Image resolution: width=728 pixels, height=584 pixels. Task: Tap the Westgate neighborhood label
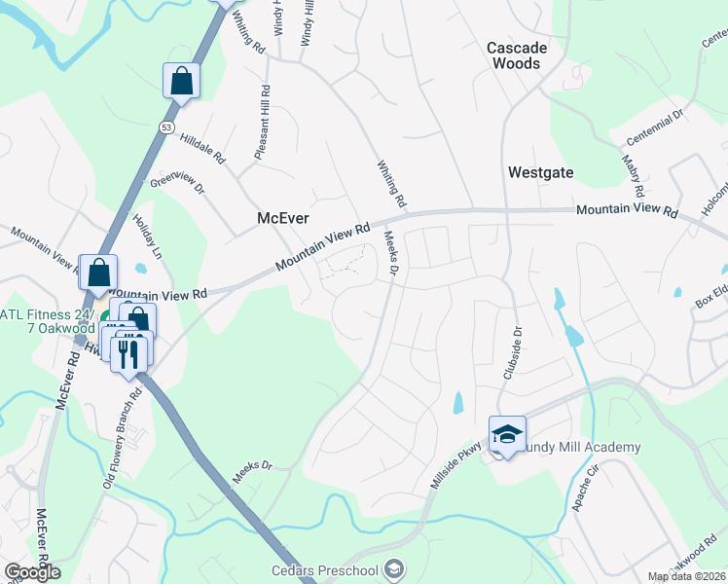540,172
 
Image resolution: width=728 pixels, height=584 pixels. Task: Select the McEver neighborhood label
281,218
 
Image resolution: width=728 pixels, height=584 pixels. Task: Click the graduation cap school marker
507,434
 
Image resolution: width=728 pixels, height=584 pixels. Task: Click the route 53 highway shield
167,128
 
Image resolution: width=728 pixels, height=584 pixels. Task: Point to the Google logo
32,571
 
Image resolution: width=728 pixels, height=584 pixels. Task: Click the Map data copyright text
685,576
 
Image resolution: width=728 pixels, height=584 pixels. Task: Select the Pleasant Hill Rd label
262,124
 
